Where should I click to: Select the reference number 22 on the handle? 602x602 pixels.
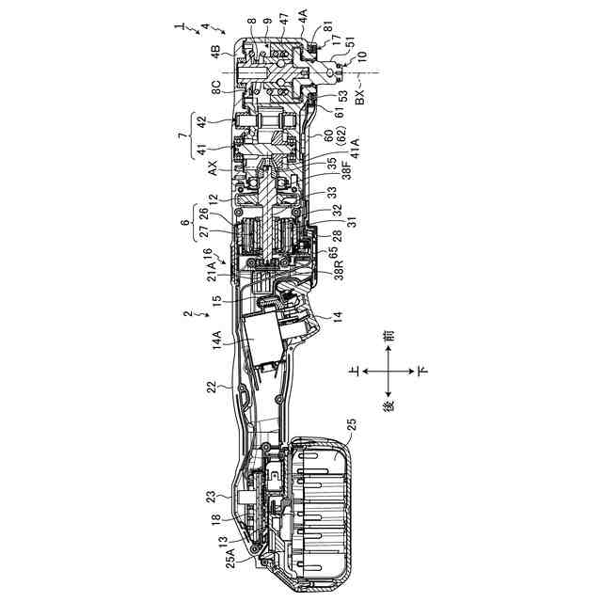click(x=214, y=386)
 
